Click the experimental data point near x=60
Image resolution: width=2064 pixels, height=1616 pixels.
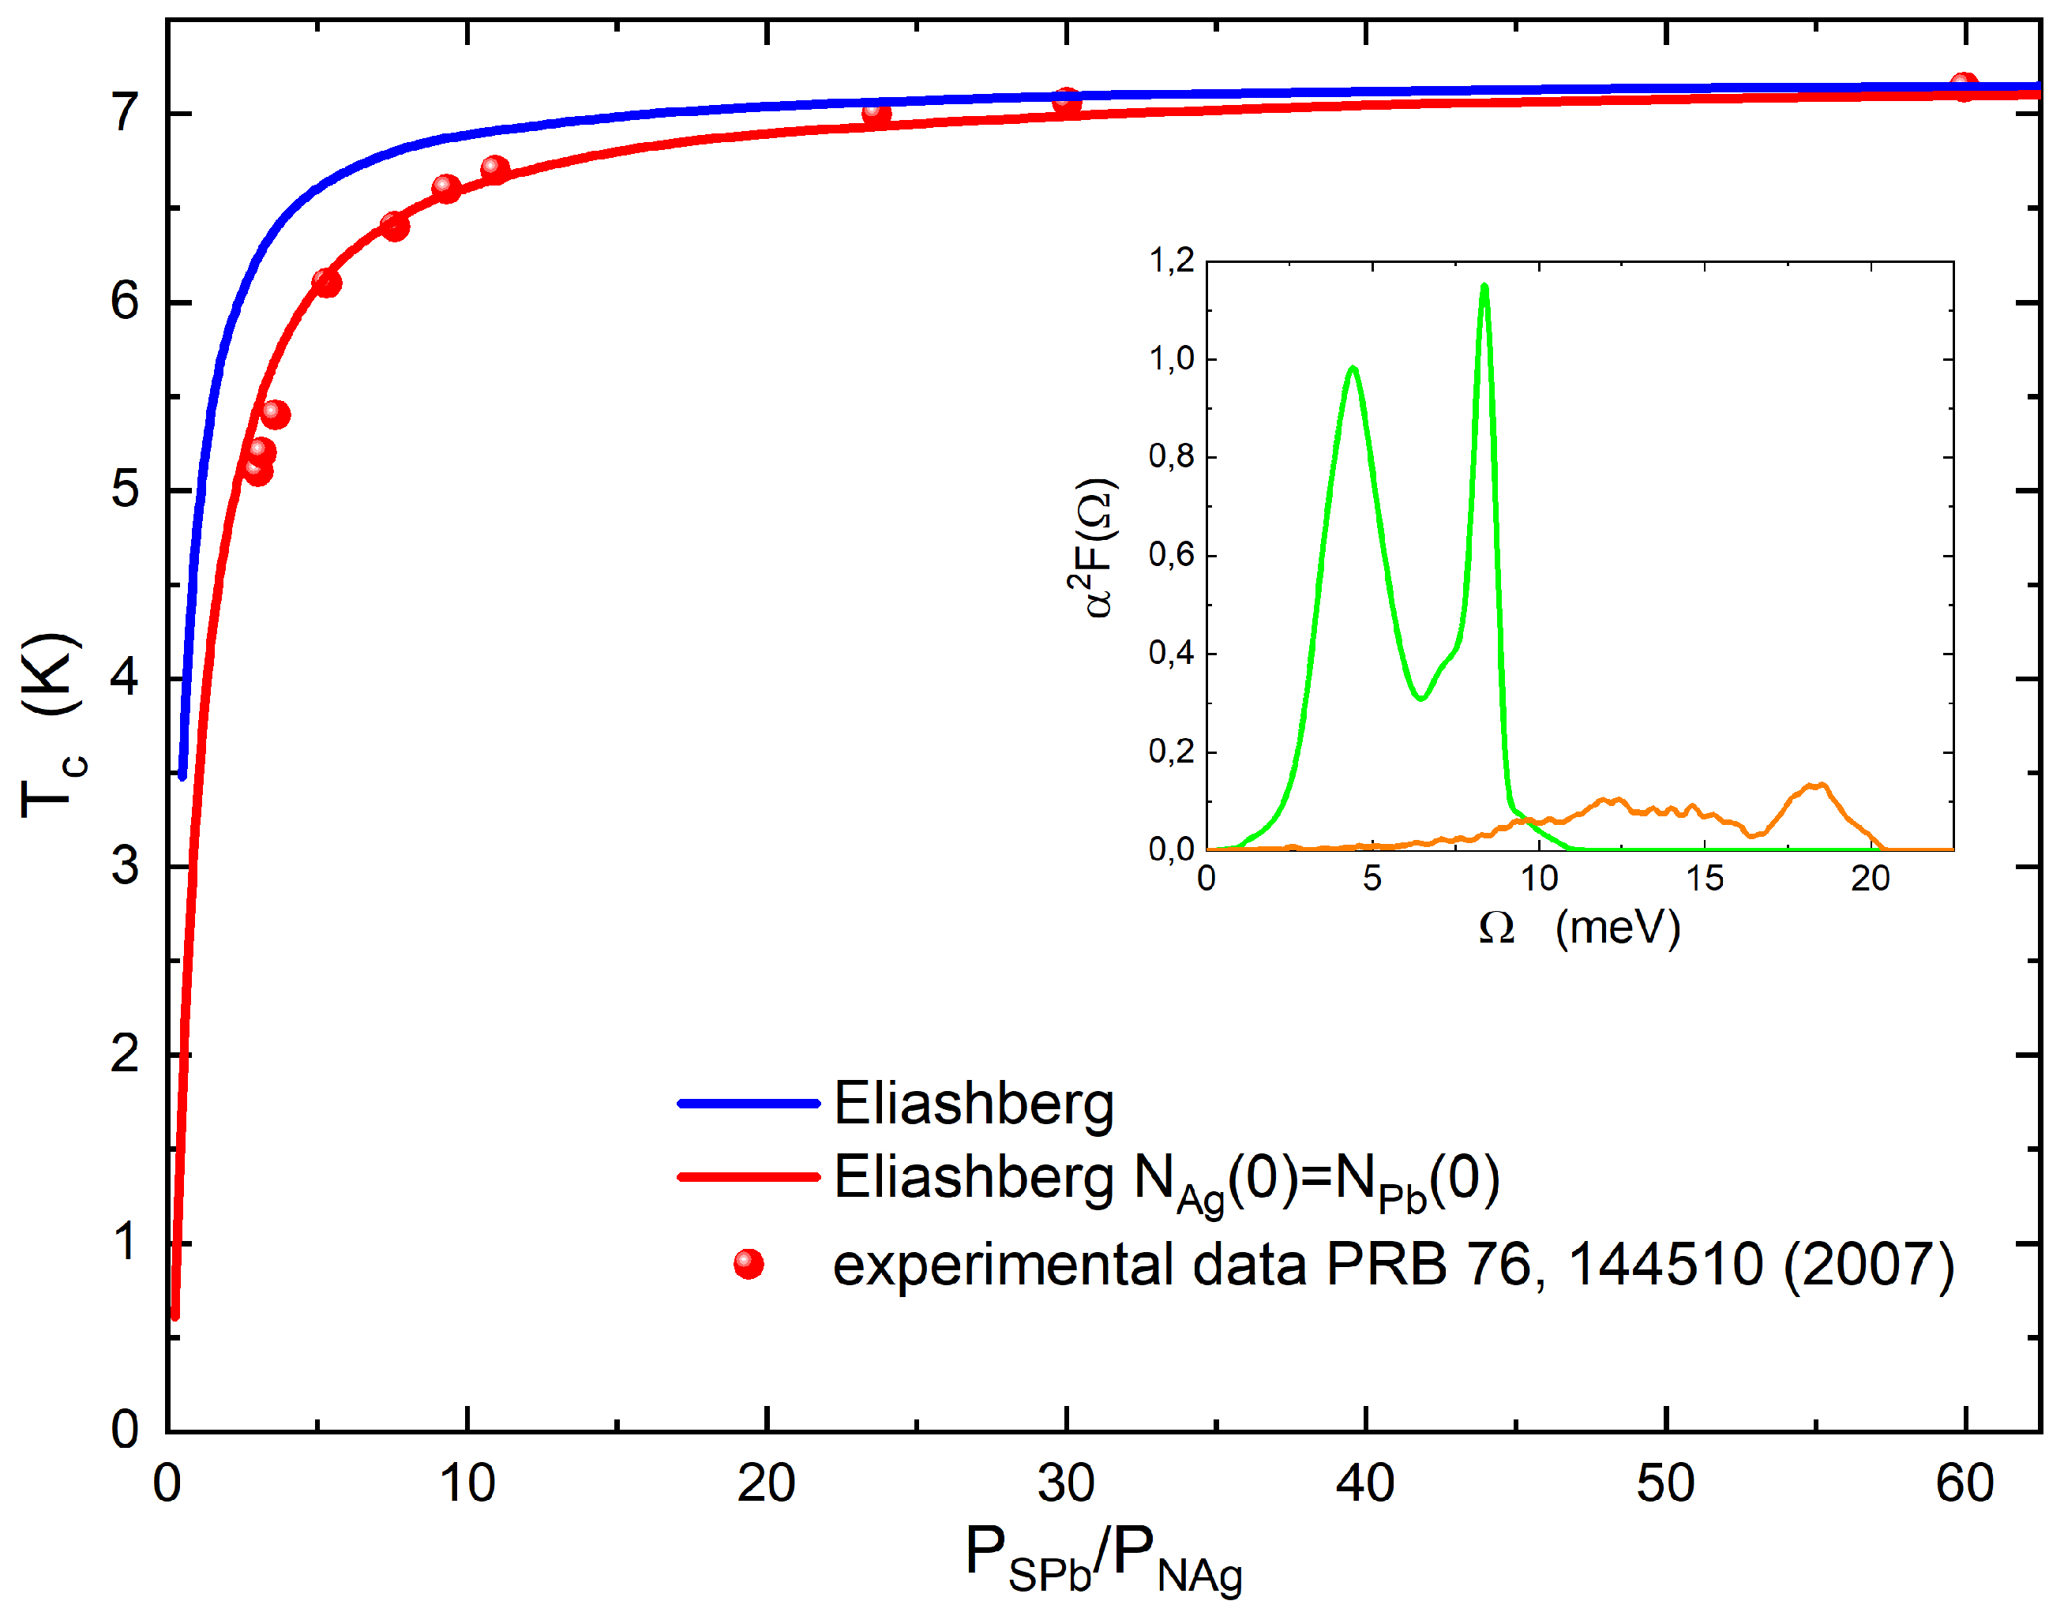[x=1964, y=87]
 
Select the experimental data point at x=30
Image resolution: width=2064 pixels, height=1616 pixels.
[x=1067, y=102]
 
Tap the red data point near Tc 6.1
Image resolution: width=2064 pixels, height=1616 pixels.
[x=326, y=282]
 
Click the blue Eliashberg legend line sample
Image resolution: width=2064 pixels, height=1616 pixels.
[x=749, y=1103]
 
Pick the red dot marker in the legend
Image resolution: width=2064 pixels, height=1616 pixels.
[x=749, y=1264]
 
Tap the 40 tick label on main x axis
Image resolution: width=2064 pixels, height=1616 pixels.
[x=1364, y=1483]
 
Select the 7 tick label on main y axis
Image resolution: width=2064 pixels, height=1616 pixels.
[x=125, y=114]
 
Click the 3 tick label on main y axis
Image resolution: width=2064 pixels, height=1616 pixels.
[x=125, y=867]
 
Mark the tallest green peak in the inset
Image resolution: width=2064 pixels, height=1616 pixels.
[x=1484, y=287]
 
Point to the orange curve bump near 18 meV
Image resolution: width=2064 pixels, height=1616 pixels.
[x=1815, y=786]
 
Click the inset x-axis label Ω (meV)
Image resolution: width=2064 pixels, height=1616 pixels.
[x=1578, y=928]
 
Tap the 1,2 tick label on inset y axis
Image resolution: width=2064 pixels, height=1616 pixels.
[x=1171, y=261]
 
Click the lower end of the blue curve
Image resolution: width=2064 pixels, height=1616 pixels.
[x=182, y=775]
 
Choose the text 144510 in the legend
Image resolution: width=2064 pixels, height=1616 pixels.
[x=1665, y=1264]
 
